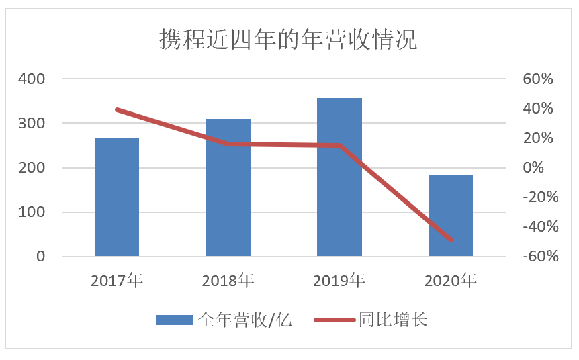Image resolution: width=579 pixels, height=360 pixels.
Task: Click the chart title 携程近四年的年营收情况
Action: [x=288, y=40]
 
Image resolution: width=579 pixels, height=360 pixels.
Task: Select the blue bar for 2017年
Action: [x=117, y=197]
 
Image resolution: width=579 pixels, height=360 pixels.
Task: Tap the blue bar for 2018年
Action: [x=228, y=187]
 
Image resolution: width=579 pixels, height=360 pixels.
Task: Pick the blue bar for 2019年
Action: [x=339, y=177]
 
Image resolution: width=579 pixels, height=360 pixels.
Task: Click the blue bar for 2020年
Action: [x=451, y=216]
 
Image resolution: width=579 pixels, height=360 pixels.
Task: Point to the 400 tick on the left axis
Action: [x=32, y=79]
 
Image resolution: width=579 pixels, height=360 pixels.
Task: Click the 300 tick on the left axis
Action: [x=32, y=124]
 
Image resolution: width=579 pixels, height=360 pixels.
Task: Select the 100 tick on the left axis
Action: [x=32, y=212]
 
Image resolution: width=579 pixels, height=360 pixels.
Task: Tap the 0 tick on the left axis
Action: [x=40, y=257]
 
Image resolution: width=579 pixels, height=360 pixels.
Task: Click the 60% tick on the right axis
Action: [x=537, y=79]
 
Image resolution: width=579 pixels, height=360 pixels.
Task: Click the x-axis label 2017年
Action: [x=117, y=280]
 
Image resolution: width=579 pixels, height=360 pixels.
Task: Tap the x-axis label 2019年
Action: [x=339, y=280]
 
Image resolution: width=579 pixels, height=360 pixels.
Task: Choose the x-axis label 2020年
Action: [x=451, y=280]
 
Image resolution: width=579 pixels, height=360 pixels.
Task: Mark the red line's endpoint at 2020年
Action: [x=451, y=240]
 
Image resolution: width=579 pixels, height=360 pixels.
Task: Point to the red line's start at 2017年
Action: [x=117, y=109]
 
